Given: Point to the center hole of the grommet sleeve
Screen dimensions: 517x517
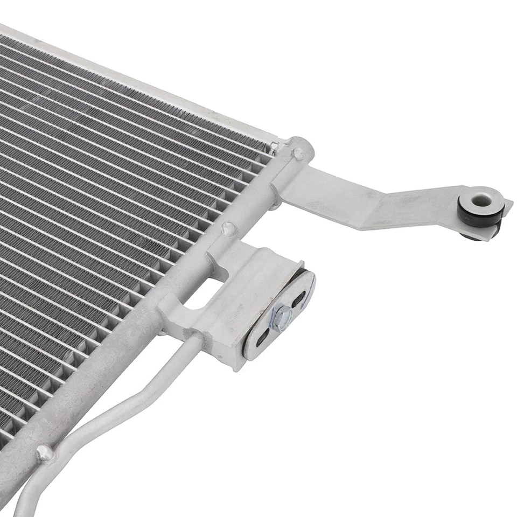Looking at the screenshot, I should [x=480, y=201].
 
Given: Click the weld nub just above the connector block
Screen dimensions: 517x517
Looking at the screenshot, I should [x=229, y=229].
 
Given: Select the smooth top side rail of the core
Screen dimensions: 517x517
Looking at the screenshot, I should [x=135, y=81].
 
